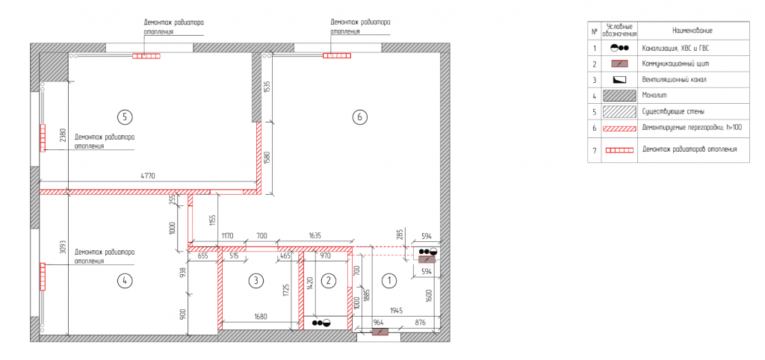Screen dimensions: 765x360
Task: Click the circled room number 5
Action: coord(125,117)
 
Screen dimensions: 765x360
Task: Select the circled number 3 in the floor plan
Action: coord(255,281)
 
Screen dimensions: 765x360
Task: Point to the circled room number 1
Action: coord(389,281)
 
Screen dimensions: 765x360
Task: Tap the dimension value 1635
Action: coord(315,236)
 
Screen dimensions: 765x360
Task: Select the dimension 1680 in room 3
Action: coord(260,317)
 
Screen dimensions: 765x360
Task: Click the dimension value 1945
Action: coord(396,310)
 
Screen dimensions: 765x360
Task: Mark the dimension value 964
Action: coord(378,323)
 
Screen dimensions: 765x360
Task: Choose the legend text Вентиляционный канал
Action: coord(675,79)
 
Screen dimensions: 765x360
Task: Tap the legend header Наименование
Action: coord(692,31)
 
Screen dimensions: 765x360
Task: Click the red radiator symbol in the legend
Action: coord(619,150)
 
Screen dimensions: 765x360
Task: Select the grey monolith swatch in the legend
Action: coord(619,96)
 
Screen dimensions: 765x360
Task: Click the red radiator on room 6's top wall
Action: coord(337,55)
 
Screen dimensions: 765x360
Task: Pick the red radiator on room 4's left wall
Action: coord(43,276)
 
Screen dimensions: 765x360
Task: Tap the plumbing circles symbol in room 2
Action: coord(321,323)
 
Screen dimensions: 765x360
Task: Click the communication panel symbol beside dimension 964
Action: coord(380,332)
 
